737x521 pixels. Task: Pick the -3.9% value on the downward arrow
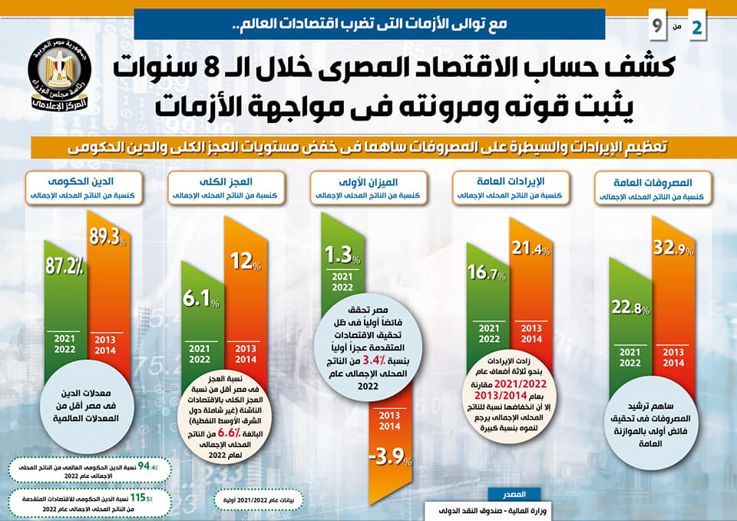tap(390, 459)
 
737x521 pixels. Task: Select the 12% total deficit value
tap(246, 261)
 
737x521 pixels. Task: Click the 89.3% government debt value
tap(107, 237)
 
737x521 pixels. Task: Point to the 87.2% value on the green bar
tap(67, 265)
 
